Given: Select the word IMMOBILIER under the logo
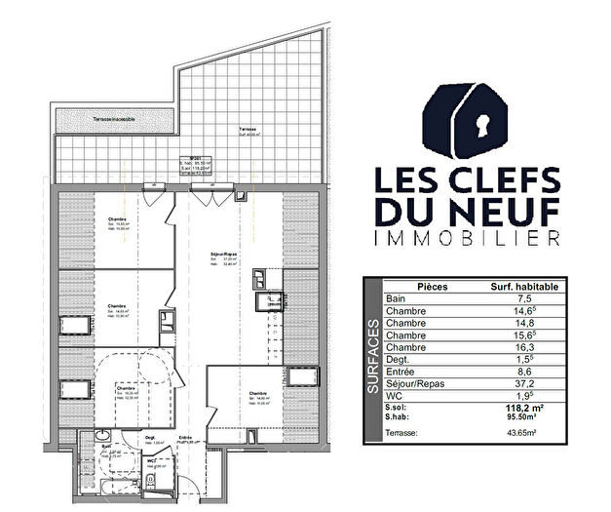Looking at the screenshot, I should click(x=468, y=238).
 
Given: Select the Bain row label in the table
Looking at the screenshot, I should click(x=396, y=298).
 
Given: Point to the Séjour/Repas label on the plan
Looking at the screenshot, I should click(x=225, y=255).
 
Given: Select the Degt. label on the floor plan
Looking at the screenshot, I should click(x=151, y=438).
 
